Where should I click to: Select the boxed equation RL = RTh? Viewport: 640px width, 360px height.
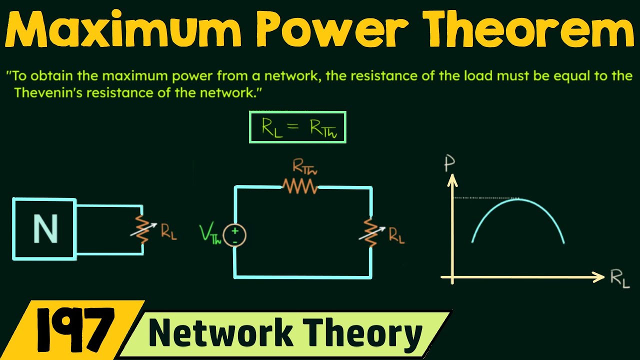(x=297, y=127)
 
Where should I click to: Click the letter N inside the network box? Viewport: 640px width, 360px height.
(x=44, y=229)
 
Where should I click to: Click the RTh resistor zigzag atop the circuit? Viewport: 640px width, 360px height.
(x=299, y=186)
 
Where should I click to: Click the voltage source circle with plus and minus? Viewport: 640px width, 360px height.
(x=234, y=235)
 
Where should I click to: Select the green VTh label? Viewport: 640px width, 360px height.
(x=210, y=234)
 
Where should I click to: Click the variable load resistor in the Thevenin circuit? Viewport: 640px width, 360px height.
(x=371, y=233)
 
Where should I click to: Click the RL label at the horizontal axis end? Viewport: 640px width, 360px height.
(x=620, y=279)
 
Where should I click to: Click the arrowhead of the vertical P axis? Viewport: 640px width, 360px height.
(x=452, y=177)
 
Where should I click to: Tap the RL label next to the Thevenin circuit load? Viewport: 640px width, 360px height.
(x=396, y=236)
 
